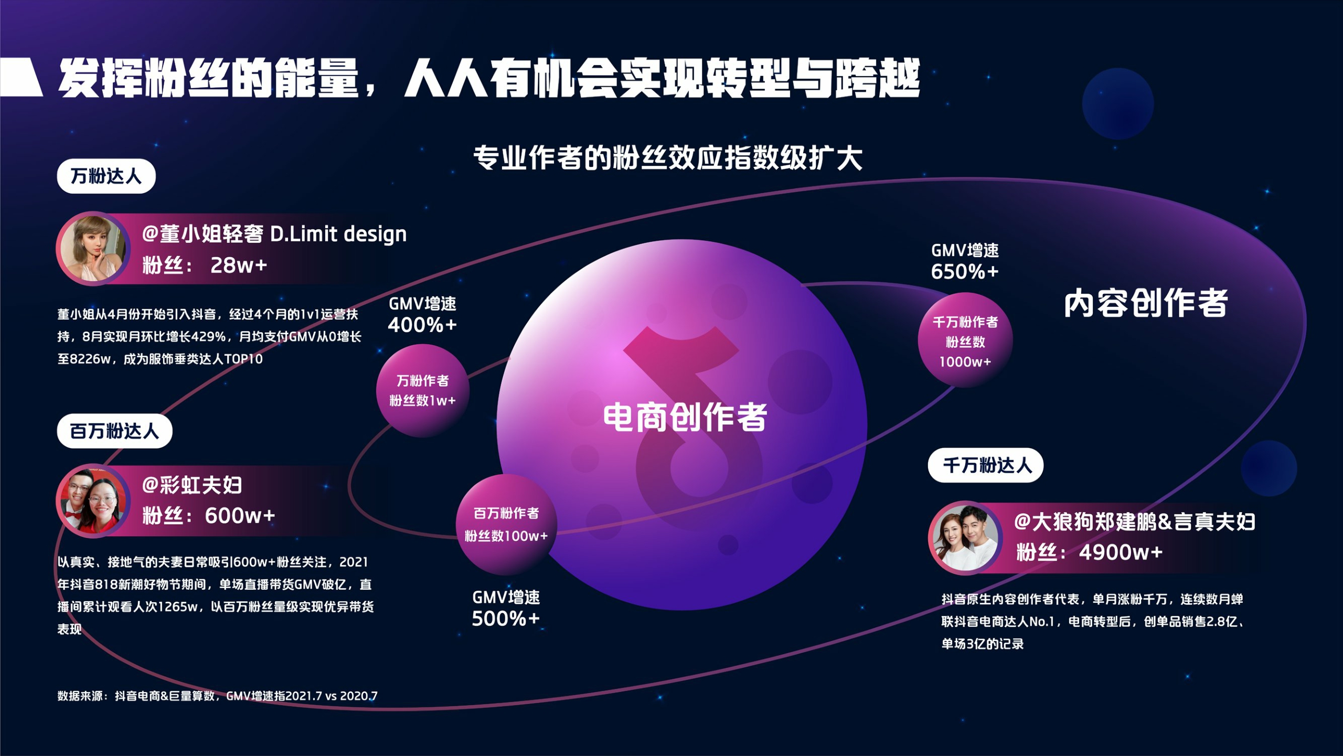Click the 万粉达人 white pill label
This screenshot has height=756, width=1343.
(x=106, y=176)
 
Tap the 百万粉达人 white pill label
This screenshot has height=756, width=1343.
(x=114, y=431)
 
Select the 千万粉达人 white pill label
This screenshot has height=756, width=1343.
(x=986, y=465)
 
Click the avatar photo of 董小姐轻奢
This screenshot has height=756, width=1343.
(x=93, y=249)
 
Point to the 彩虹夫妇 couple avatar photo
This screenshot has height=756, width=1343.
(x=93, y=501)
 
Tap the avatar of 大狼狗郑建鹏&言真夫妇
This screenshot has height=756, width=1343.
(x=965, y=538)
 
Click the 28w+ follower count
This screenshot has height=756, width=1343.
(x=238, y=265)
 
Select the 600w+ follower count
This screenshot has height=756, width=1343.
(x=240, y=516)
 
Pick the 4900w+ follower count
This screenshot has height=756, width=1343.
(x=1121, y=552)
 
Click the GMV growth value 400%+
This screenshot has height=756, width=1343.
(x=422, y=325)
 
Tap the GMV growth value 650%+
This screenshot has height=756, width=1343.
(x=965, y=272)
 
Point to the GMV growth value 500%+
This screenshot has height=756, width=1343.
(x=506, y=619)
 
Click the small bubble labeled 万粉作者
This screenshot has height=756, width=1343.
(x=422, y=391)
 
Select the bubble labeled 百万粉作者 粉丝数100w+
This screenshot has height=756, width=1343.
(x=506, y=525)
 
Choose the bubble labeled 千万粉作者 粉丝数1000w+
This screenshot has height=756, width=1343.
(x=965, y=341)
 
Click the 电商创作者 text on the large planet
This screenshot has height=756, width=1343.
(x=685, y=418)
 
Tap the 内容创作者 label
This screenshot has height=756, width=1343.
(x=1146, y=303)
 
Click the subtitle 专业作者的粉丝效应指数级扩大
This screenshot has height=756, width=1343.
(x=668, y=158)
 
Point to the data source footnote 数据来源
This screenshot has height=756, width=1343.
(x=217, y=696)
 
